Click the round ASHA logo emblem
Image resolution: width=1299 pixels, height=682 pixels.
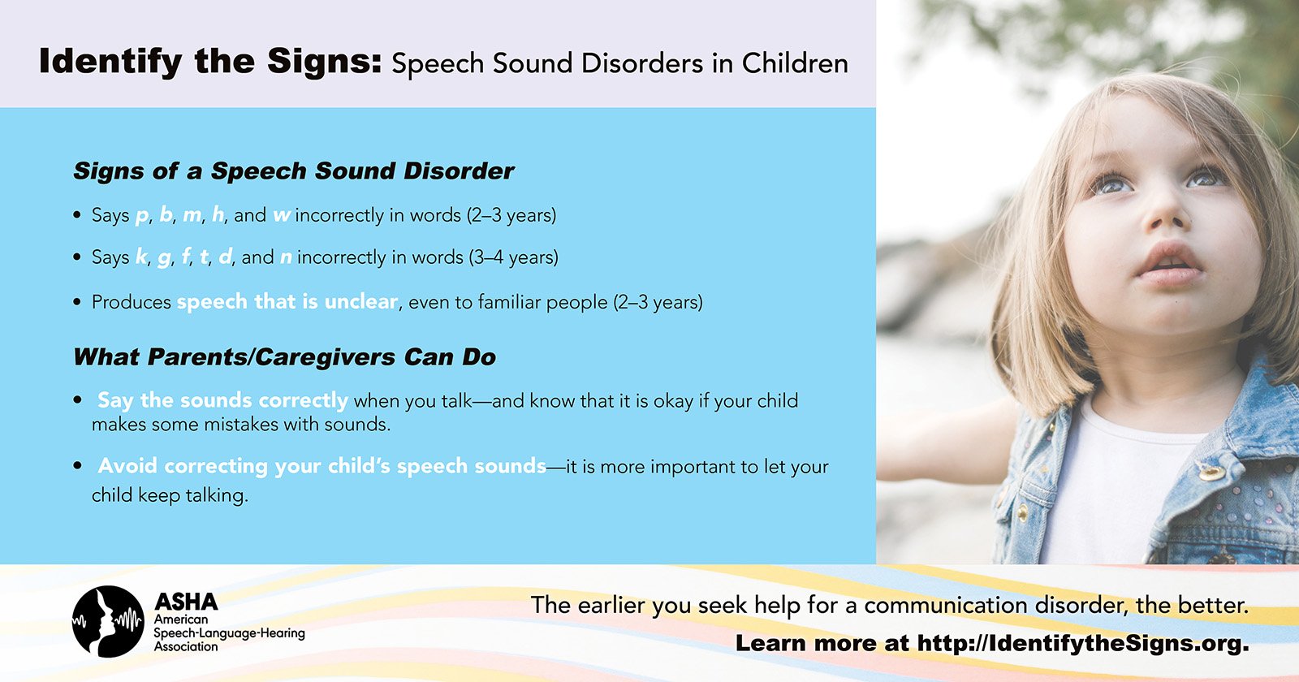pos(108,621)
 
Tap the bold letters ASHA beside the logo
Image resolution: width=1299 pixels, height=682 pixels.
pos(186,602)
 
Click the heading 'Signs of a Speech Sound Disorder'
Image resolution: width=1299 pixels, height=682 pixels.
pos(293,171)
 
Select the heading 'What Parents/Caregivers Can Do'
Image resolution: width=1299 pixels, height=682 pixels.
pos(285,357)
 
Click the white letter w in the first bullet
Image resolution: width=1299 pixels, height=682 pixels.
pos(282,215)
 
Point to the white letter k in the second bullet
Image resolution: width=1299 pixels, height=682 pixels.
pos(141,257)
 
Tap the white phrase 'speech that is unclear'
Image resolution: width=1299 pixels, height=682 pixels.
pos(287,301)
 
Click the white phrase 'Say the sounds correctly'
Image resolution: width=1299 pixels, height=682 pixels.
pos(222,401)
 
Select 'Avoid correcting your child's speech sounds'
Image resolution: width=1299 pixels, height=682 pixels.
pos(322,466)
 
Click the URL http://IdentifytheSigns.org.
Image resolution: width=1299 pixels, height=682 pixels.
pos(1083,643)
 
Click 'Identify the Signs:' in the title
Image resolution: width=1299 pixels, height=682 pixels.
pos(210,62)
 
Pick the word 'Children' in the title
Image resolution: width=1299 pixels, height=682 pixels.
pos(795,63)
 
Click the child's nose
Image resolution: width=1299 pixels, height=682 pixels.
pos(1166,218)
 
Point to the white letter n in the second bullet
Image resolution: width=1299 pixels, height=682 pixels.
pos(286,257)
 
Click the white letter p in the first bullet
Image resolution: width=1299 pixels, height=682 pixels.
pos(142,216)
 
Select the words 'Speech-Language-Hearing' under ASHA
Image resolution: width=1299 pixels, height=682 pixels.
pos(229,633)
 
